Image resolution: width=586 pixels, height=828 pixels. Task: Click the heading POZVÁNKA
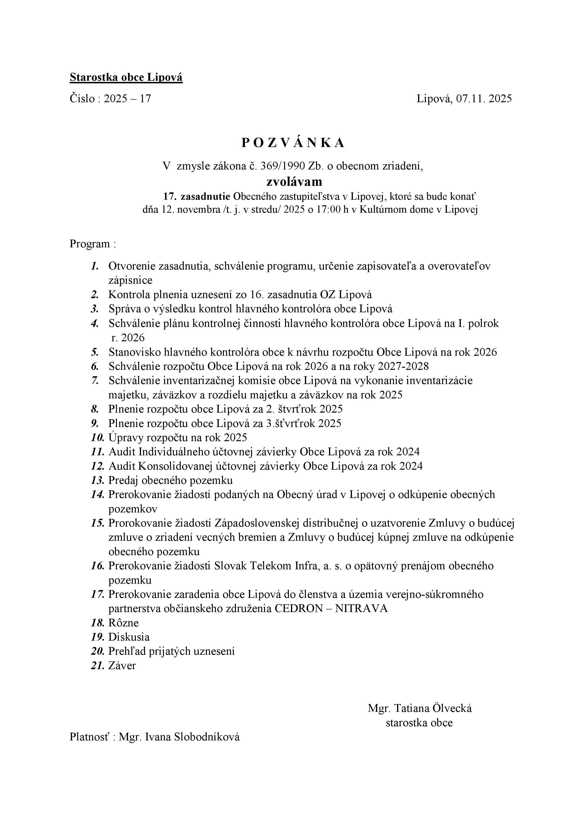[x=293, y=143]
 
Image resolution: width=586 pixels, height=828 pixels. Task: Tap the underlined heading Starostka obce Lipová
[x=126, y=77]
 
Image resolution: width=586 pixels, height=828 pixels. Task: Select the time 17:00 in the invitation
[x=328, y=210]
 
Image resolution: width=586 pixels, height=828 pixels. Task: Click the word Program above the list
[x=90, y=244]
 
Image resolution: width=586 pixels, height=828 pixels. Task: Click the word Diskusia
[x=129, y=637]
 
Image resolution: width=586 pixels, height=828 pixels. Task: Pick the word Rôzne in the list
[x=123, y=623]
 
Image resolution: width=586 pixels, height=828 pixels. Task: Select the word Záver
[x=122, y=665]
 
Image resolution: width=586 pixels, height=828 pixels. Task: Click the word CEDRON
[x=298, y=608]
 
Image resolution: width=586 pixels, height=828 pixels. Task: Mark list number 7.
[x=95, y=380]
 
